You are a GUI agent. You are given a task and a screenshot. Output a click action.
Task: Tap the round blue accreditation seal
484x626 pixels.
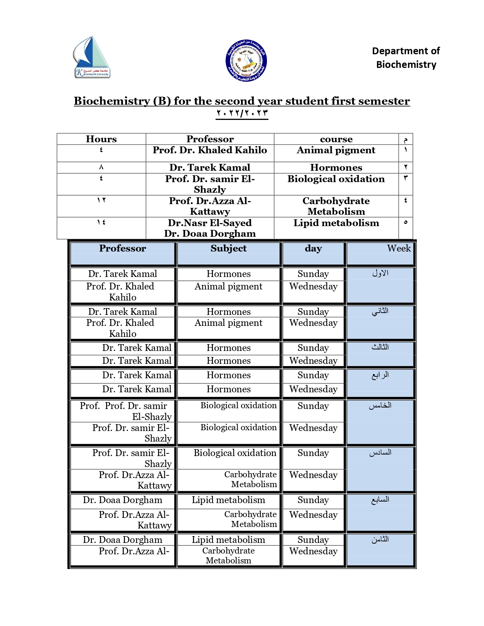[246, 60]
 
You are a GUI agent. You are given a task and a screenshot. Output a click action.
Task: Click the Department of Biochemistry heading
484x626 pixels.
[406, 58]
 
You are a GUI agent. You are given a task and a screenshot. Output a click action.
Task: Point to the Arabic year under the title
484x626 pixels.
[242, 113]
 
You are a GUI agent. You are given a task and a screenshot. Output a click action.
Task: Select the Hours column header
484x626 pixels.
[101, 139]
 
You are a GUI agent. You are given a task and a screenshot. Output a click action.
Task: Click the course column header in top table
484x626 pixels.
[336, 139]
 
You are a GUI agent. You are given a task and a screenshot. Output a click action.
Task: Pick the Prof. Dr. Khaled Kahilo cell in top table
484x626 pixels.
[210, 150]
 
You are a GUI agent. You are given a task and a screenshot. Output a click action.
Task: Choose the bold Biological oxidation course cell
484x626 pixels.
[336, 179]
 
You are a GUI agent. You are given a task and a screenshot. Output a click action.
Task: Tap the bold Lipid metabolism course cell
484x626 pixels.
[336, 223]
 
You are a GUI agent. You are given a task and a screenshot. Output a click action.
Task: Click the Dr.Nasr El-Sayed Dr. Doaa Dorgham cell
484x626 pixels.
[210, 228]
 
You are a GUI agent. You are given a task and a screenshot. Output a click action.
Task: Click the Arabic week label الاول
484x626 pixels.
[380, 273]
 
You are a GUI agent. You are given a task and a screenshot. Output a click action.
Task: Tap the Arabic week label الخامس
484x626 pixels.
[380, 406]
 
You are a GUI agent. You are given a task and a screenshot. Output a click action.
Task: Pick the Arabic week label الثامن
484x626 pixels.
[380, 539]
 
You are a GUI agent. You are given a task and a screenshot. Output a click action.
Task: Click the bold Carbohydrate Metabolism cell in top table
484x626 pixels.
[336, 206]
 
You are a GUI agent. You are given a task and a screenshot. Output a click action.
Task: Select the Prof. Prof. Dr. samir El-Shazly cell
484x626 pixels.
[125, 411]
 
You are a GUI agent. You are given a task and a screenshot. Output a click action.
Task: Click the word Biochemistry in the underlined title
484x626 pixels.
[112, 101]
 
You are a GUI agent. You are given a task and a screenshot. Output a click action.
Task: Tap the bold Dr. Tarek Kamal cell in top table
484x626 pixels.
[210, 168]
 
